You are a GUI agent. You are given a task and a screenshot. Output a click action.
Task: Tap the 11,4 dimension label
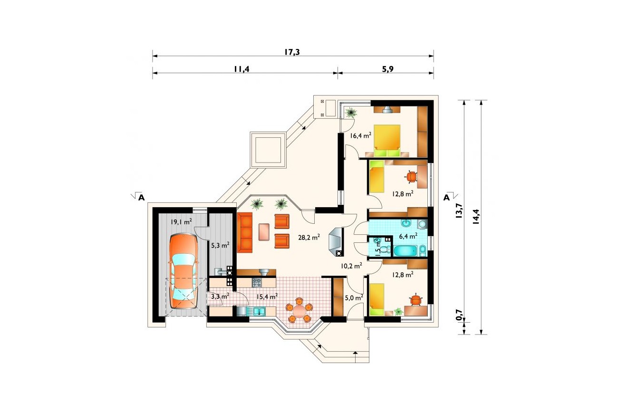[241, 69]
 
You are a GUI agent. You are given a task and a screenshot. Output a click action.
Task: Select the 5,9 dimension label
[387, 69]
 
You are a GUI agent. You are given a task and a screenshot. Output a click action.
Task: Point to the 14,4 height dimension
[476, 217]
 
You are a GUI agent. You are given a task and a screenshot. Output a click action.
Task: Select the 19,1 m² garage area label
[181, 221]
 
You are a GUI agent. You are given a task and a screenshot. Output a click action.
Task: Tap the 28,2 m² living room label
[309, 237]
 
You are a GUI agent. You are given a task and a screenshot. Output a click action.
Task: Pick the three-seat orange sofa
[244, 232]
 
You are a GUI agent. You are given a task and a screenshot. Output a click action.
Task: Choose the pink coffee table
[264, 231]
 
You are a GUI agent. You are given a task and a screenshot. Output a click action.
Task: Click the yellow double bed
[387, 141]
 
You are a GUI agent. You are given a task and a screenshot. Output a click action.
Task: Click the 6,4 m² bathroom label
[408, 236]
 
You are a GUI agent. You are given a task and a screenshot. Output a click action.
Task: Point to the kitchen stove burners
[257, 282]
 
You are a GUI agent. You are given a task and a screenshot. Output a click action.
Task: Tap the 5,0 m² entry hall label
[354, 298]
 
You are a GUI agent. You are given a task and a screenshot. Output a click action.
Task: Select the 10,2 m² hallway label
[351, 266]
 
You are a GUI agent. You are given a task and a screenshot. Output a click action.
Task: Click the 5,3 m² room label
[220, 245]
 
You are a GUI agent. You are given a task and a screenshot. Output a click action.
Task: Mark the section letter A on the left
[141, 198]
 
